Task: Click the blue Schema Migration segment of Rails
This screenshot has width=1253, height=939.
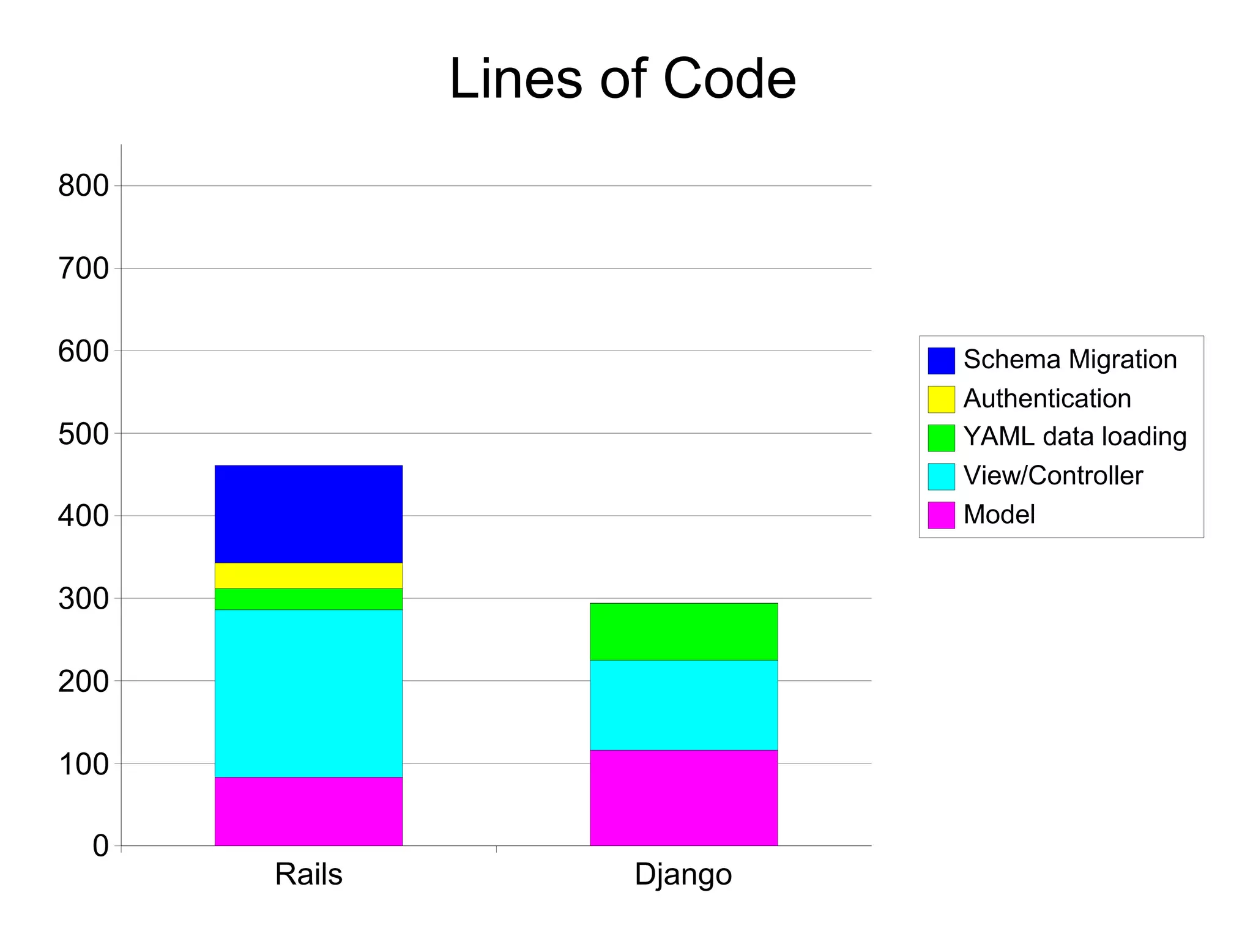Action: [308, 514]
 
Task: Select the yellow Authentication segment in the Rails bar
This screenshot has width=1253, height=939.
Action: [308, 576]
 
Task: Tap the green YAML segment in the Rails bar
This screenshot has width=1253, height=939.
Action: [308, 599]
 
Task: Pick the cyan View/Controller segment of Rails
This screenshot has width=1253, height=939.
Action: [308, 693]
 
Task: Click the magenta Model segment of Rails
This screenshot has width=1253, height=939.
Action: [308, 811]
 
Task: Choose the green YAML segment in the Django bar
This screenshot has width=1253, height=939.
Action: [683, 631]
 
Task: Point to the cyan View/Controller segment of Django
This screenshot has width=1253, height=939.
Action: [683, 705]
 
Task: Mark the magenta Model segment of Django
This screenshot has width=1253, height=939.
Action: [683, 798]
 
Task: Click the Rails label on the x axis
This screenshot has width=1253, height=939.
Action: [308, 874]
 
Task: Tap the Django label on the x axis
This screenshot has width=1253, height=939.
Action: [683, 875]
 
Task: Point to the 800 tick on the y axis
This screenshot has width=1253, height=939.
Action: [83, 186]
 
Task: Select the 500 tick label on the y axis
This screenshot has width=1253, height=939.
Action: [83, 434]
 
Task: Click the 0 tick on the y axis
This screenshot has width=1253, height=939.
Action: [100, 846]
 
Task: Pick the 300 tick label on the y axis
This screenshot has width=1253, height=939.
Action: [83, 599]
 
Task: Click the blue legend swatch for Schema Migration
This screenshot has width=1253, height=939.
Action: [941, 360]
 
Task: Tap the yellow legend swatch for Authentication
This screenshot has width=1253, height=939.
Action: [941, 399]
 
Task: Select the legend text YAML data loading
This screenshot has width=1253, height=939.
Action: [1075, 437]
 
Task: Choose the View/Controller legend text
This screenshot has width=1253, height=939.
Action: [1053, 476]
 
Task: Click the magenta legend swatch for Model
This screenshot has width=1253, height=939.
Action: [941, 515]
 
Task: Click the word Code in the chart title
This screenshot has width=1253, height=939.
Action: [729, 80]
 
